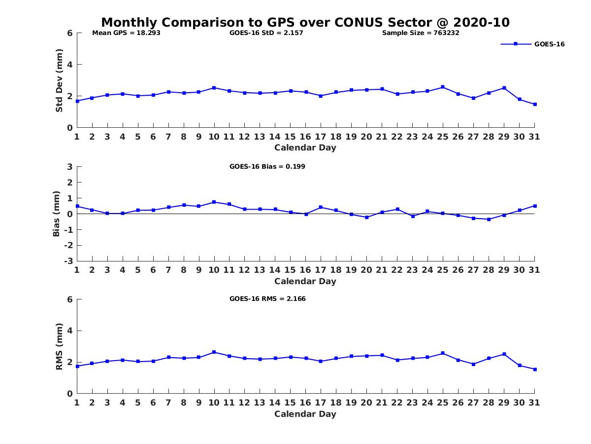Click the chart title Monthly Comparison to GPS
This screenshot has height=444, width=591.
(x=305, y=23)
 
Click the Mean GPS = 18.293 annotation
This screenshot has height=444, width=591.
(x=127, y=33)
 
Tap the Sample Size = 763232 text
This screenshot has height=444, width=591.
(x=421, y=33)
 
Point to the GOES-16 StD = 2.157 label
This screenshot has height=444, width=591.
(x=266, y=33)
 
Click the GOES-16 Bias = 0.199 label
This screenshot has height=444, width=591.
(x=267, y=166)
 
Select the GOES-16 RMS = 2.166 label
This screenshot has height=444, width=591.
(x=267, y=298)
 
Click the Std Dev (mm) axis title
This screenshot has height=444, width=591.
(x=59, y=80)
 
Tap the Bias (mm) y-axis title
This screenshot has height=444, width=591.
(x=57, y=214)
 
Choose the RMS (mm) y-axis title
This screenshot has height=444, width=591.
(x=59, y=346)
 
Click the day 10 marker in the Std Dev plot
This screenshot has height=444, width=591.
(x=214, y=88)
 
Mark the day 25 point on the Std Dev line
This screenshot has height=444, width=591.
(x=443, y=87)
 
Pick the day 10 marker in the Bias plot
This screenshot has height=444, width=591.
(x=214, y=202)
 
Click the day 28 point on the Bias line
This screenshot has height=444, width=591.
(x=489, y=219)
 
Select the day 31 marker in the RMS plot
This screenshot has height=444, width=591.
(x=534, y=369)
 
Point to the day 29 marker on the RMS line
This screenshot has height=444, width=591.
(x=504, y=354)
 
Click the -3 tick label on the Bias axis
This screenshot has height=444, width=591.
(x=69, y=261)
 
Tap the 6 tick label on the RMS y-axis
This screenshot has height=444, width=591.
(x=70, y=299)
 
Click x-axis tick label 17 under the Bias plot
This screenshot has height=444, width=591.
(x=321, y=270)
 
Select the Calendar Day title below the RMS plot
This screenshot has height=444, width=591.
(x=305, y=414)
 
